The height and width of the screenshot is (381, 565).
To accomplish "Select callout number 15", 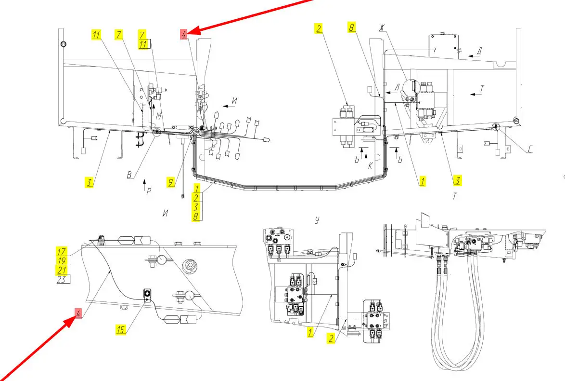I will (x=121, y=330).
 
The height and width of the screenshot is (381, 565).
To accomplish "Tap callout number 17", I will (x=62, y=251).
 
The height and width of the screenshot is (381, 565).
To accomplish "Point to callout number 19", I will (x=62, y=260).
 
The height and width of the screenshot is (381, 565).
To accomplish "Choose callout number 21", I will (x=62, y=270).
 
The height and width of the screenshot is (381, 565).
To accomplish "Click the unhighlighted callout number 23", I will (x=62, y=279).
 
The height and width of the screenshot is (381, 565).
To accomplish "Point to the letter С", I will (x=530, y=150).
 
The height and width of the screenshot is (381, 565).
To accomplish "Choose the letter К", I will (x=371, y=165).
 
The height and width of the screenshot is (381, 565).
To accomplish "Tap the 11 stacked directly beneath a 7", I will (x=143, y=44).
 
